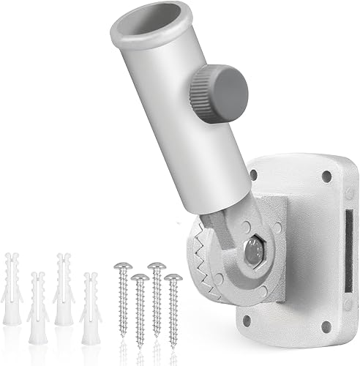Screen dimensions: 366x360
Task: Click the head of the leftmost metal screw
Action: click(121, 266)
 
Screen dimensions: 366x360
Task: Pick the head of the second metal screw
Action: click(140, 279)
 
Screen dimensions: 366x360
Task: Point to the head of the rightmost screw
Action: click(173, 278)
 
